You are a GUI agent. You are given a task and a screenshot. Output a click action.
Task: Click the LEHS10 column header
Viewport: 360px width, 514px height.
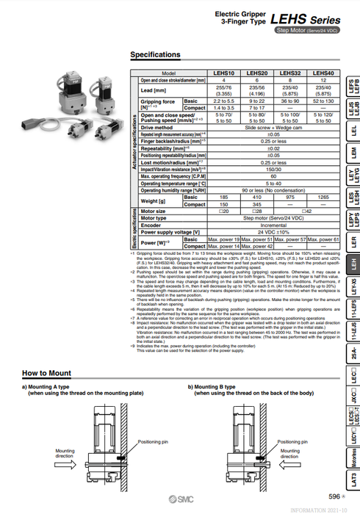(223, 73)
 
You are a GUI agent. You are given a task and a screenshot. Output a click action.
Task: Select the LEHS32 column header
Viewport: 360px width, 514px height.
(290, 73)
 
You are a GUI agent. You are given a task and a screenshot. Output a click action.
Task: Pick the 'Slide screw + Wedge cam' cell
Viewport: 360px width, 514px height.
(273, 127)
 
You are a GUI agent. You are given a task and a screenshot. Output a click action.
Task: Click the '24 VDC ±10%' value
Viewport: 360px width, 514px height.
(273, 231)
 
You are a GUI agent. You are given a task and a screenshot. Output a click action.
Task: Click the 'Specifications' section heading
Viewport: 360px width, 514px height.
(155, 54)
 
